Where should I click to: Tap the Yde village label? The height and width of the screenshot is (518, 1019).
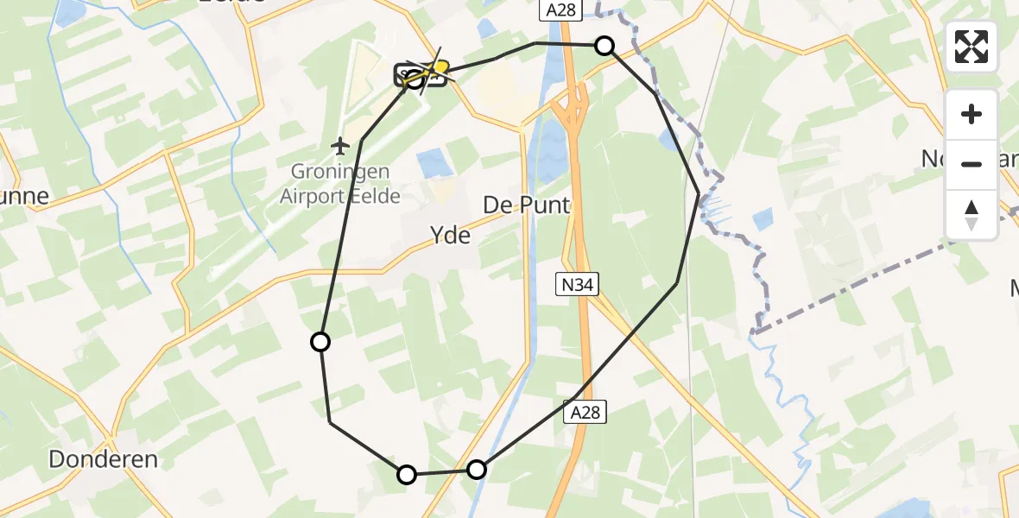pyautogui.click(x=451, y=234)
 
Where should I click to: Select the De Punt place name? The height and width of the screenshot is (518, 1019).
pyautogui.click(x=526, y=205)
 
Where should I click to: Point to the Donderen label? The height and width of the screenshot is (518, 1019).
pyautogui.click(x=103, y=459)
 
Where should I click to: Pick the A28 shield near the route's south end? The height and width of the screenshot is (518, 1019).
pyautogui.click(x=586, y=413)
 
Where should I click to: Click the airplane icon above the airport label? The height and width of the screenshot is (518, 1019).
pyautogui.click(x=340, y=144)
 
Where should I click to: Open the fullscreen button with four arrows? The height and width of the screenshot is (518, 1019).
pyautogui.click(x=972, y=47)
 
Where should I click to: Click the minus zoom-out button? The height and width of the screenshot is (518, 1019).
pyautogui.click(x=972, y=164)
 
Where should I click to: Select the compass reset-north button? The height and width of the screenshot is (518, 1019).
pyautogui.click(x=972, y=214)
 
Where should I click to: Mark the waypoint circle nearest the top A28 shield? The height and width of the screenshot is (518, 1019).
pyautogui.click(x=605, y=46)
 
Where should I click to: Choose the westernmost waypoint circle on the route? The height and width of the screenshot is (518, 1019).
pyautogui.click(x=320, y=342)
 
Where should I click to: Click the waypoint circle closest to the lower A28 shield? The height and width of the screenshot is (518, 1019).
pyautogui.click(x=477, y=470)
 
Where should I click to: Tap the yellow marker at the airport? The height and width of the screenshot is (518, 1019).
pyautogui.click(x=440, y=66)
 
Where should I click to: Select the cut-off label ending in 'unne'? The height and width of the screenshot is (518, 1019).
pyautogui.click(x=24, y=197)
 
